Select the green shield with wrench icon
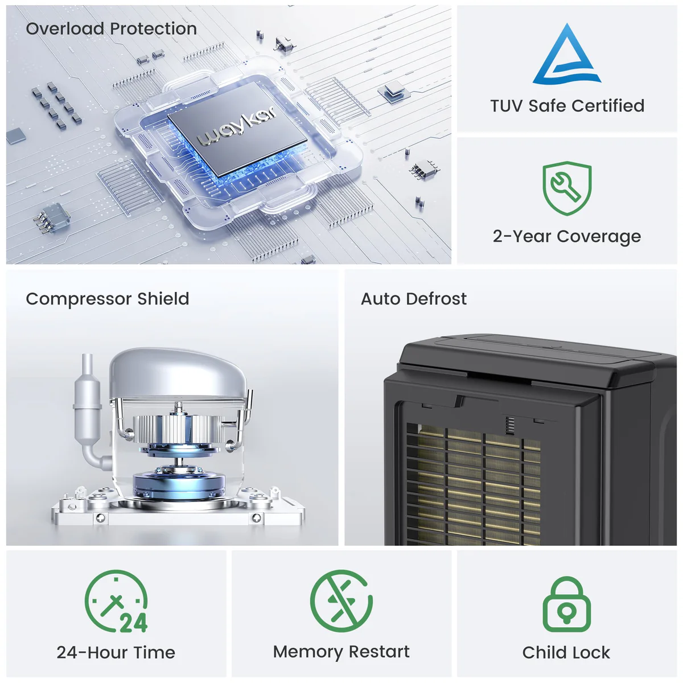pos(567,188)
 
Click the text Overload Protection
pos(112,28)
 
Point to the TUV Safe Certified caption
pos(567,106)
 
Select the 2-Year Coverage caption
pos(567,236)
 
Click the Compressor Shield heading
pos(108,299)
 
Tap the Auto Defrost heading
pos(414,299)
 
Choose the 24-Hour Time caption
pos(116,652)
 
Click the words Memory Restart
pos(341,652)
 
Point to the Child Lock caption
pos(566,652)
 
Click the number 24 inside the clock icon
pos(134,623)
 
